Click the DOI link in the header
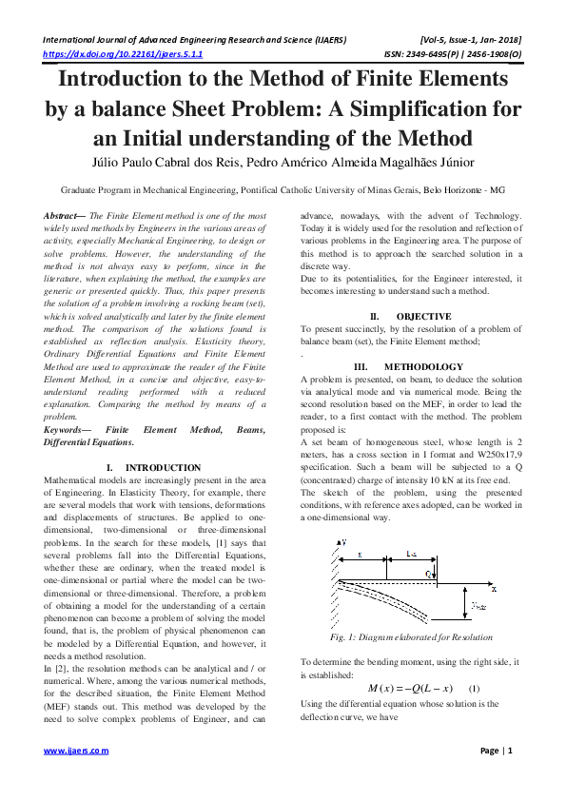107,55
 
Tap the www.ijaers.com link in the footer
77,751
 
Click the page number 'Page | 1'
497,751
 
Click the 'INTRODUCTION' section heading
163,467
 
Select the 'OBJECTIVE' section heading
423,315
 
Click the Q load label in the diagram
430,574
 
